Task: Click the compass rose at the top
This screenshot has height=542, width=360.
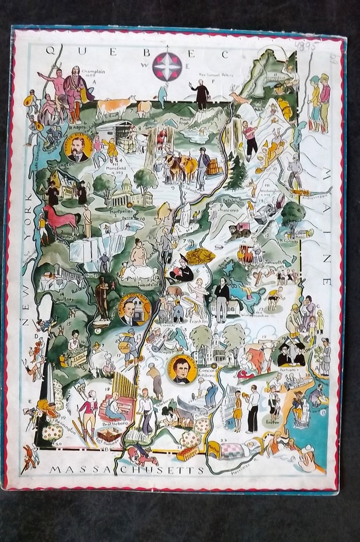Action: pos(166,66)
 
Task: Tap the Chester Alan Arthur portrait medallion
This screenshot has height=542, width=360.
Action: pos(78,147)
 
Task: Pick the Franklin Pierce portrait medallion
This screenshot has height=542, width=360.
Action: pos(182,369)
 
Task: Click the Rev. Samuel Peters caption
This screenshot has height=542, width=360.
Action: pos(215,75)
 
